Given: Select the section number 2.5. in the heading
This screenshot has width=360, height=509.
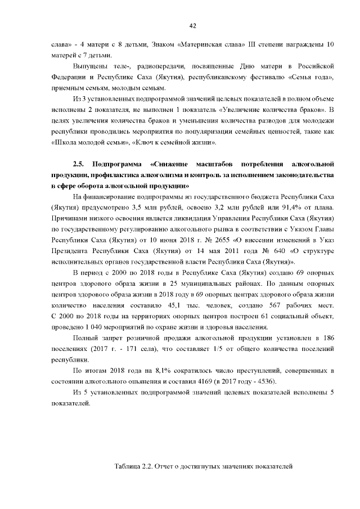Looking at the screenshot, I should (79, 164).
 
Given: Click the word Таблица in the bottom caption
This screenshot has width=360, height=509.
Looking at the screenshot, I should (128, 466).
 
